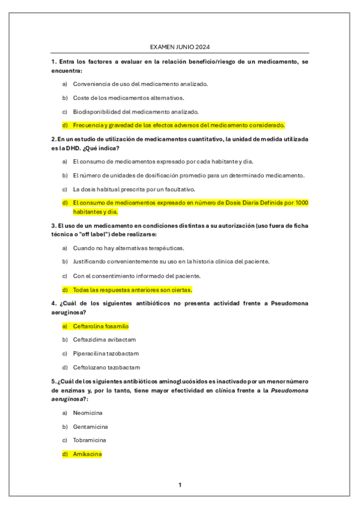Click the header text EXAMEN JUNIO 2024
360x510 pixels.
tap(180, 48)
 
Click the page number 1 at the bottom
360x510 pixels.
tap(180, 484)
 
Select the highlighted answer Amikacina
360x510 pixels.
tap(87, 454)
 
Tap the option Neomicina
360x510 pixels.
tap(88, 413)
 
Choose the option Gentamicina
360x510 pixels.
tap(90, 426)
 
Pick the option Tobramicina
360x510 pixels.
tap(90, 440)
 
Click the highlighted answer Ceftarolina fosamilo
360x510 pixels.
tap(100, 326)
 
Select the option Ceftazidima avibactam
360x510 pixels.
tap(104, 340)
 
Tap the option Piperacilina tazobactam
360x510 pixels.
tap(106, 354)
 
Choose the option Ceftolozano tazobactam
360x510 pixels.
tap(106, 367)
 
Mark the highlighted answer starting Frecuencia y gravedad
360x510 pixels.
tap(178, 125)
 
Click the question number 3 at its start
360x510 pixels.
tap(53, 226)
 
